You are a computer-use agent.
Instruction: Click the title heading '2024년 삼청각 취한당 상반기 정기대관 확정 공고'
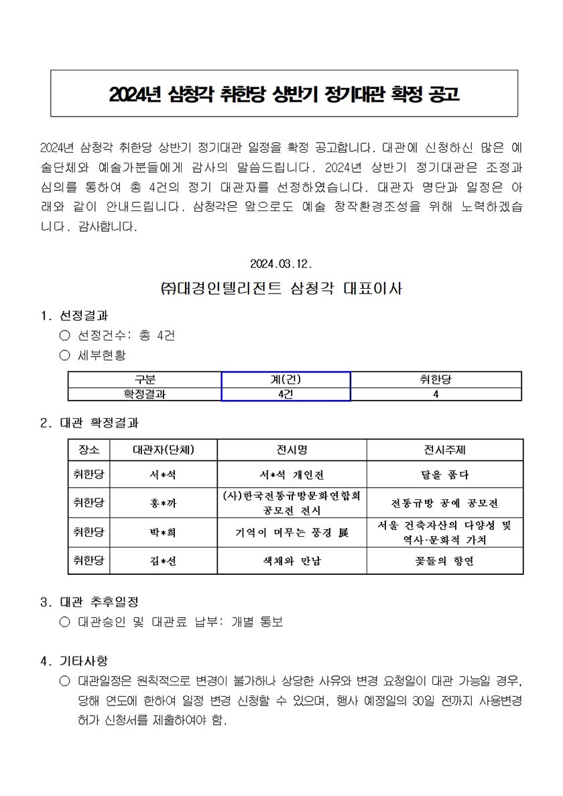point(284,94)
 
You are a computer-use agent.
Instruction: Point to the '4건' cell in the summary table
point(286,395)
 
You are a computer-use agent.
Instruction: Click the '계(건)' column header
point(286,380)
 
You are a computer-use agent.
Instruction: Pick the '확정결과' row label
point(145,395)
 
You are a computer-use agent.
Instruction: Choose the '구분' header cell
point(145,380)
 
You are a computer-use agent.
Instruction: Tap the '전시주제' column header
point(444,450)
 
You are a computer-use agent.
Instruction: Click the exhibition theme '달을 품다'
point(444,475)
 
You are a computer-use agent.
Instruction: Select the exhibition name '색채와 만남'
point(291,561)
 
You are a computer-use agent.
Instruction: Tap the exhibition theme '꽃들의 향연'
point(444,561)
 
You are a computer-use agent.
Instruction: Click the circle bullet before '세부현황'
point(64,354)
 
